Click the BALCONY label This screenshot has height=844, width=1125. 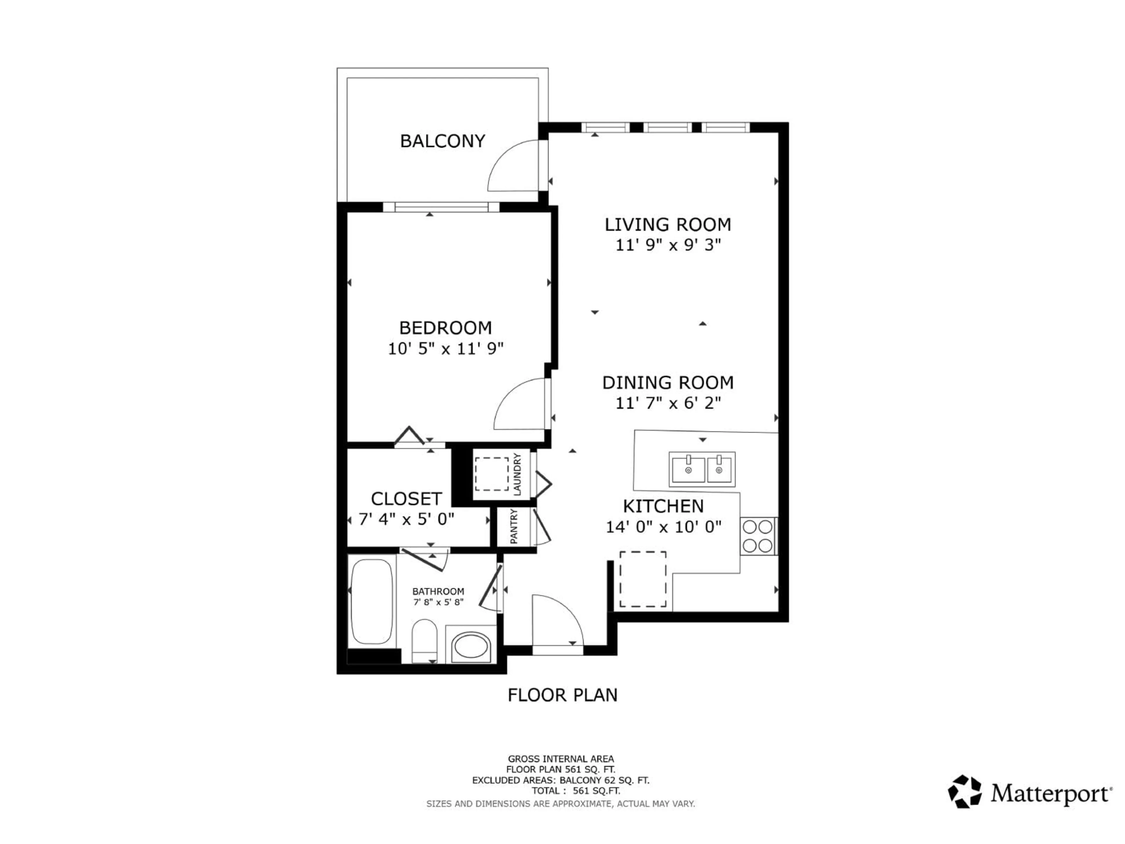[442, 141]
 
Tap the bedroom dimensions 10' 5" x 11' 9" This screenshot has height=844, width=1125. [446, 349]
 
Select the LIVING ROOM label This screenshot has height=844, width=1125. [667, 224]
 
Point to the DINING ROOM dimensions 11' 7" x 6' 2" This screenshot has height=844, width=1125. [668, 404]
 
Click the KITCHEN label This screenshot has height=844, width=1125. [663, 506]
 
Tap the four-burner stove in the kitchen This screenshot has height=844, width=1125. [758, 536]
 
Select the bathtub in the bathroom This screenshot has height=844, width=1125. [372, 602]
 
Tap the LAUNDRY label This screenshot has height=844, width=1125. [517, 474]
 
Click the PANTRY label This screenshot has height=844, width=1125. [514, 527]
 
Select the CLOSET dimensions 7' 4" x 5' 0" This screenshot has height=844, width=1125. [406, 519]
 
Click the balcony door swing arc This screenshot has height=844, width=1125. [509, 163]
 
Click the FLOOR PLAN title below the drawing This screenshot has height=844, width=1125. [562, 695]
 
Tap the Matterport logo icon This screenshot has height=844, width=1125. [964, 792]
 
